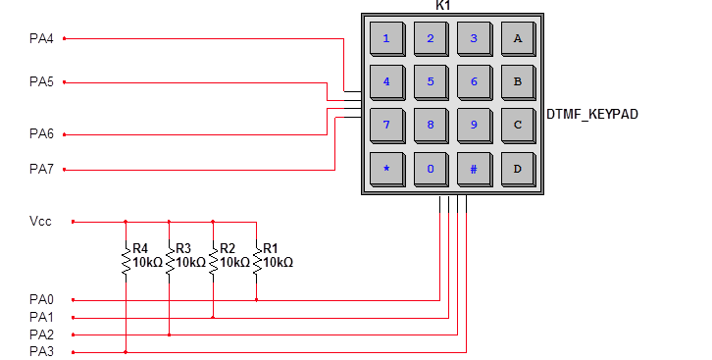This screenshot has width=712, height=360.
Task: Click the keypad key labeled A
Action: click(x=517, y=39)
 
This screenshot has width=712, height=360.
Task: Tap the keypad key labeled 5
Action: click(x=430, y=82)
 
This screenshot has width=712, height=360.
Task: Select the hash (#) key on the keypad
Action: click(x=474, y=169)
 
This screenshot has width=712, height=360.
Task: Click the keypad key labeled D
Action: click(x=517, y=169)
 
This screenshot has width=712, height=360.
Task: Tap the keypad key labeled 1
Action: click(x=386, y=39)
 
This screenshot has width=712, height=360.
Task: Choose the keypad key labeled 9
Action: click(x=474, y=126)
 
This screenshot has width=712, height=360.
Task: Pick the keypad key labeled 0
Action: click(x=430, y=169)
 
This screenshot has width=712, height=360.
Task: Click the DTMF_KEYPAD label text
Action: click(x=591, y=115)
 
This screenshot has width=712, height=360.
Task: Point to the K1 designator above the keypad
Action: click(x=443, y=6)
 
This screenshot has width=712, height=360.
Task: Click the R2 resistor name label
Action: click(x=228, y=249)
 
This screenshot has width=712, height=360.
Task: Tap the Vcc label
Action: click(x=40, y=222)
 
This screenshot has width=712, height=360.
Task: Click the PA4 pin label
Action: click(x=41, y=39)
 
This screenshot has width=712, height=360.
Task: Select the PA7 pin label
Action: click(x=41, y=170)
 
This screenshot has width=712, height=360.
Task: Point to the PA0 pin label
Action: click(x=41, y=299)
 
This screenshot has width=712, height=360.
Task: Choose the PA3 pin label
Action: click(x=41, y=351)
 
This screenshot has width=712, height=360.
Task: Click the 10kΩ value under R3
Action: click(x=190, y=263)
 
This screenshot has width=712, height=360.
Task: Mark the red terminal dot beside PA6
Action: click(x=65, y=134)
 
